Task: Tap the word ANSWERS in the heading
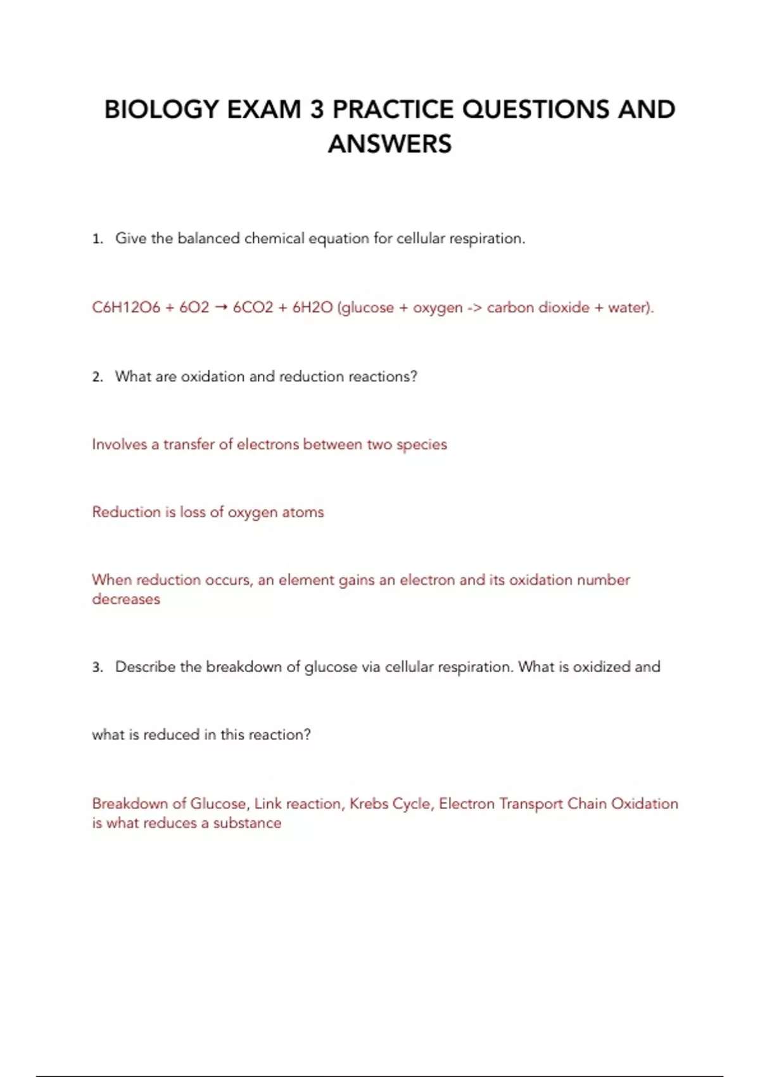pyautogui.click(x=389, y=144)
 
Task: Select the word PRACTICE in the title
pyautogui.click(x=393, y=110)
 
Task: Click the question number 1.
pyautogui.click(x=97, y=239)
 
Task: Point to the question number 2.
pyautogui.click(x=97, y=377)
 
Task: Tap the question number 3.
pyautogui.click(x=97, y=667)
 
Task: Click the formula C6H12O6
pyautogui.click(x=126, y=308)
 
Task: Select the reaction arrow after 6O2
pyautogui.click(x=221, y=308)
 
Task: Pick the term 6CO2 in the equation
pyautogui.click(x=253, y=308)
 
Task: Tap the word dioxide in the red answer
pyautogui.click(x=564, y=308)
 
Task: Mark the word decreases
pyautogui.click(x=126, y=599)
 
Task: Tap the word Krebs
pyautogui.click(x=369, y=804)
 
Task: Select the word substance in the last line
pyautogui.click(x=247, y=823)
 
